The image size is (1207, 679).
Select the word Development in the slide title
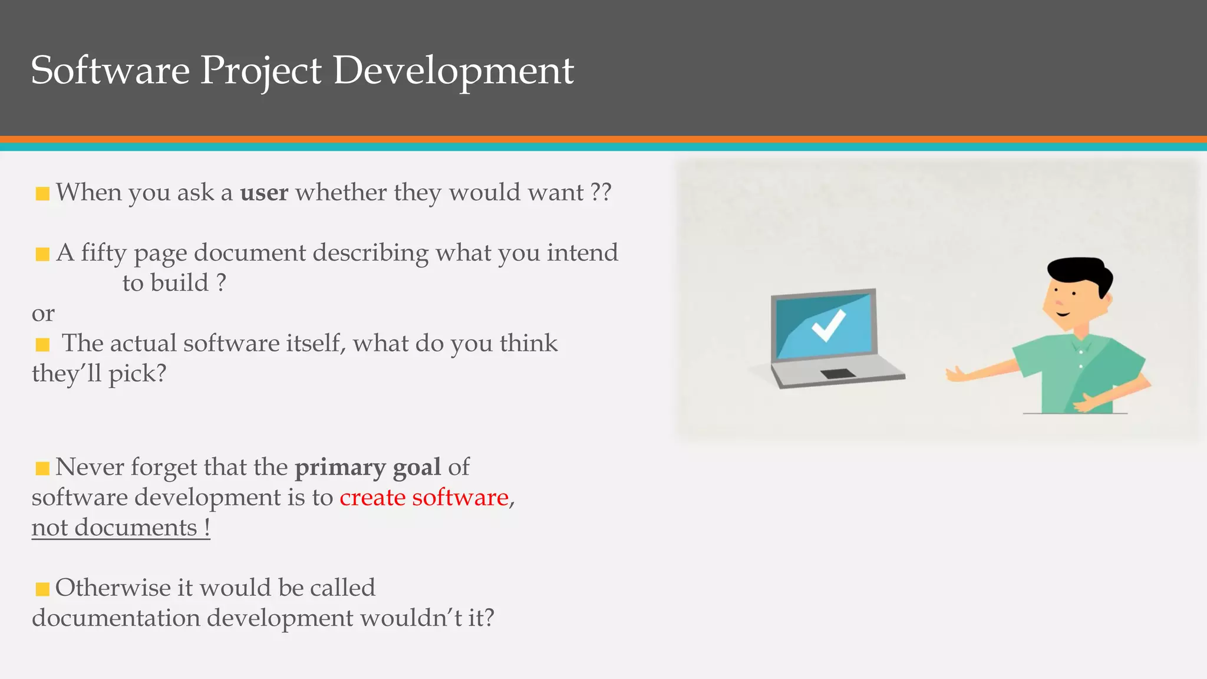453,71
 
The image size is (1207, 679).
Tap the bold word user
264,193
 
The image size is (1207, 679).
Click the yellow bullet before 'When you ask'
42,193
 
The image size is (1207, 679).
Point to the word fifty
104,253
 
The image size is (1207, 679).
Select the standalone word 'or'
43,314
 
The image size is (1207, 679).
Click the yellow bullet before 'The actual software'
42,344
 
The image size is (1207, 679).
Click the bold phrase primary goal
367,467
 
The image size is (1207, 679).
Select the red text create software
424,497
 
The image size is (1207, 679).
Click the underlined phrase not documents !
120,528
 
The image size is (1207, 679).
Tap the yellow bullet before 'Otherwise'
42,589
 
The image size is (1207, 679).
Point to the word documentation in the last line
116,618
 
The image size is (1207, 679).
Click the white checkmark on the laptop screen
828,325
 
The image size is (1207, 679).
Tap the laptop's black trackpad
837,374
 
